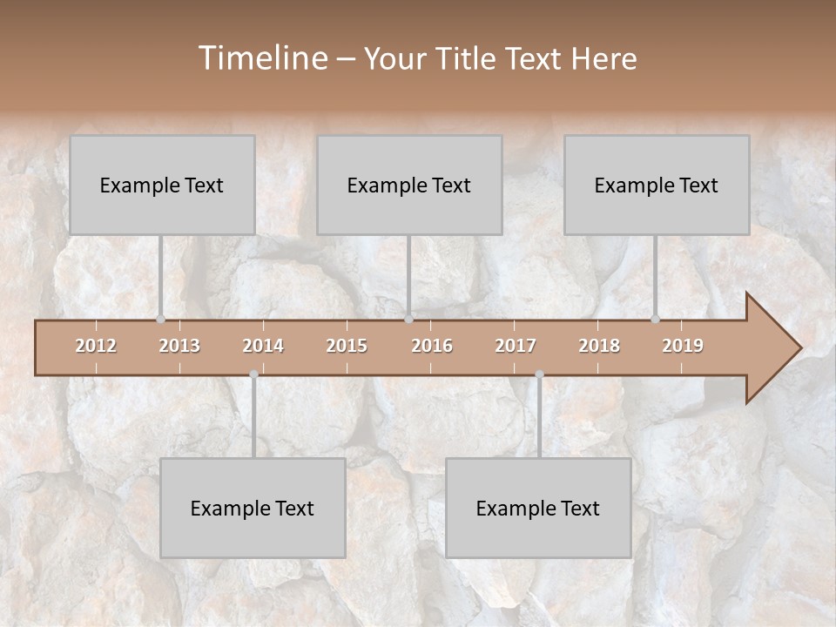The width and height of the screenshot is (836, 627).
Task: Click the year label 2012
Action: [x=96, y=346]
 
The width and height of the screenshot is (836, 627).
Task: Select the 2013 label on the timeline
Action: [x=179, y=346]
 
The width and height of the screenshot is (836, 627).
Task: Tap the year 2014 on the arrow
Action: [x=263, y=346]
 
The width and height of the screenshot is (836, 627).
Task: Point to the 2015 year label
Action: [x=347, y=346]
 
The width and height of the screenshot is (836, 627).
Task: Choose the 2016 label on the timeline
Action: [x=432, y=346]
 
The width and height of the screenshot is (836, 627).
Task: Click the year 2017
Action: [x=516, y=346]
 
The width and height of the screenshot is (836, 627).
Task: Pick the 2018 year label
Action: [x=599, y=346]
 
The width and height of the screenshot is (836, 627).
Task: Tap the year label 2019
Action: [x=683, y=346]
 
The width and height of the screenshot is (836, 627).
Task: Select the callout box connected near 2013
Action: [x=162, y=185]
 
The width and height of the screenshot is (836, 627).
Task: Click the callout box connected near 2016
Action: [x=409, y=185]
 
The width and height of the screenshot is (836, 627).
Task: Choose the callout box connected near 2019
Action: [x=657, y=185]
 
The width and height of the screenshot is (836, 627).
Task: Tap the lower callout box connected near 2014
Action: [x=253, y=508]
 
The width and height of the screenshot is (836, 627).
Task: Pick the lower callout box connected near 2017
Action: [x=538, y=508]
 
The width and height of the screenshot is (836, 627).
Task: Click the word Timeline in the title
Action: [x=262, y=58]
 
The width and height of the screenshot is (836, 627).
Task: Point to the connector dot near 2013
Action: [x=160, y=319]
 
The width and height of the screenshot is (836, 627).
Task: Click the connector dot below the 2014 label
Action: [x=253, y=374]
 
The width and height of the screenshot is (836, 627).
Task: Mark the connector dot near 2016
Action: [x=408, y=319]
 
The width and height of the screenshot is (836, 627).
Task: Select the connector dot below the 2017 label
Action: [x=539, y=374]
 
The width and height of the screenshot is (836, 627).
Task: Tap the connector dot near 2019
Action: [x=655, y=319]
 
